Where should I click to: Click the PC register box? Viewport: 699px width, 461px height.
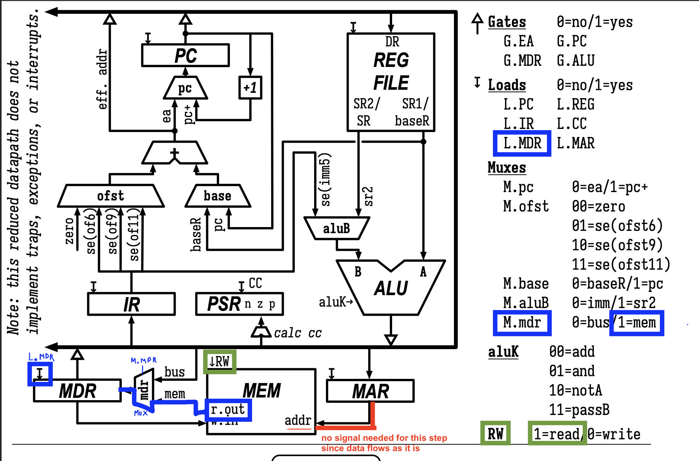185,56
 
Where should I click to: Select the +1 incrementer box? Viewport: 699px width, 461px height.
250,88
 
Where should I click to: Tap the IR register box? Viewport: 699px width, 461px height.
131,304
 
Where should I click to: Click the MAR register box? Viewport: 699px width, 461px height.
370,391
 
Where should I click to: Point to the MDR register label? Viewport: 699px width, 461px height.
78,391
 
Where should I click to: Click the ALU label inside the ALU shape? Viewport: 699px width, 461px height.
391,288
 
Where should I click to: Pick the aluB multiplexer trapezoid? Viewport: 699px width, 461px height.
337,228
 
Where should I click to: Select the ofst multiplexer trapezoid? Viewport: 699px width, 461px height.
110,196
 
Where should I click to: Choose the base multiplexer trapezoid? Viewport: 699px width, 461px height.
218,196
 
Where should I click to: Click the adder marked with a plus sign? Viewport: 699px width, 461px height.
175,153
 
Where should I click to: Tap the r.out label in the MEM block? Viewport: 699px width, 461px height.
228,410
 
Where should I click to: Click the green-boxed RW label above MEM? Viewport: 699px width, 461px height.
219,361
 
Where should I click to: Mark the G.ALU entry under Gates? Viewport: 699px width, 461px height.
575,60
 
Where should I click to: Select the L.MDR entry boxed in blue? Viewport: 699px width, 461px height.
522,143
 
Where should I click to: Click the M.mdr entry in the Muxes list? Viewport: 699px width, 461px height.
522,323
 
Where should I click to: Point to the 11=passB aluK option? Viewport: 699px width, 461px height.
579,410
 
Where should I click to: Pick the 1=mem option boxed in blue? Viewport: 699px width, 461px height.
637,323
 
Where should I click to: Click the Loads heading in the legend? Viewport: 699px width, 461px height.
507,85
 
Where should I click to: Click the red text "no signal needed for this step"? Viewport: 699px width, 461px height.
384,438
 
